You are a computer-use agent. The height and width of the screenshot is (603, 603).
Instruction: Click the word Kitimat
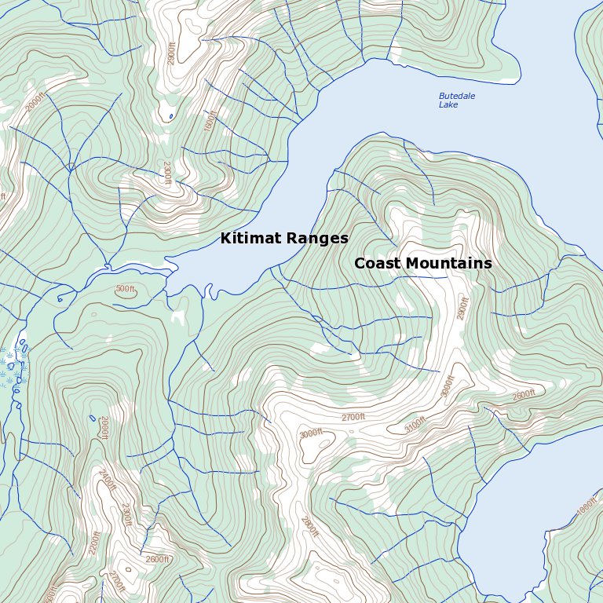250,238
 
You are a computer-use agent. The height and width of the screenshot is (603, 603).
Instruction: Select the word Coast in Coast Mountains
378,264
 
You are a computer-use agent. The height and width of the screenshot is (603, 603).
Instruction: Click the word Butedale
456,96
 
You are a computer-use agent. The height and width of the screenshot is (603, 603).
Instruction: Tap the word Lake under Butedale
448,105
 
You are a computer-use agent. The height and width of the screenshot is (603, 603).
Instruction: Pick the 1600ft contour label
210,120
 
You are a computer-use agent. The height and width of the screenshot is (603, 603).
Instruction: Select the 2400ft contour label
106,480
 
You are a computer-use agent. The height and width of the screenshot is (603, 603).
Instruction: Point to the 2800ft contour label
309,526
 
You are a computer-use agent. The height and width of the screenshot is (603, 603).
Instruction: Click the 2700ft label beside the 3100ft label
353,417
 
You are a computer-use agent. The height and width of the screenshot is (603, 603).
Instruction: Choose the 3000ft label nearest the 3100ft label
448,386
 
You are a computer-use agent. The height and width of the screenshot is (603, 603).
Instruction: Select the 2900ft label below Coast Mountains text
462,308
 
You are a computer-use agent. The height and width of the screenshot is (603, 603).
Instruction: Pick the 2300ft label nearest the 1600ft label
166,173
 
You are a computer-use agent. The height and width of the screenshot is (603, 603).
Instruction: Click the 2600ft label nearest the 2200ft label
157,559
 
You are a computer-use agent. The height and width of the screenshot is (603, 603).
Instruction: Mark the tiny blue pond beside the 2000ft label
93,418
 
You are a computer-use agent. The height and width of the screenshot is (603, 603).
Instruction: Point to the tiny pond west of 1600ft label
171,117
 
